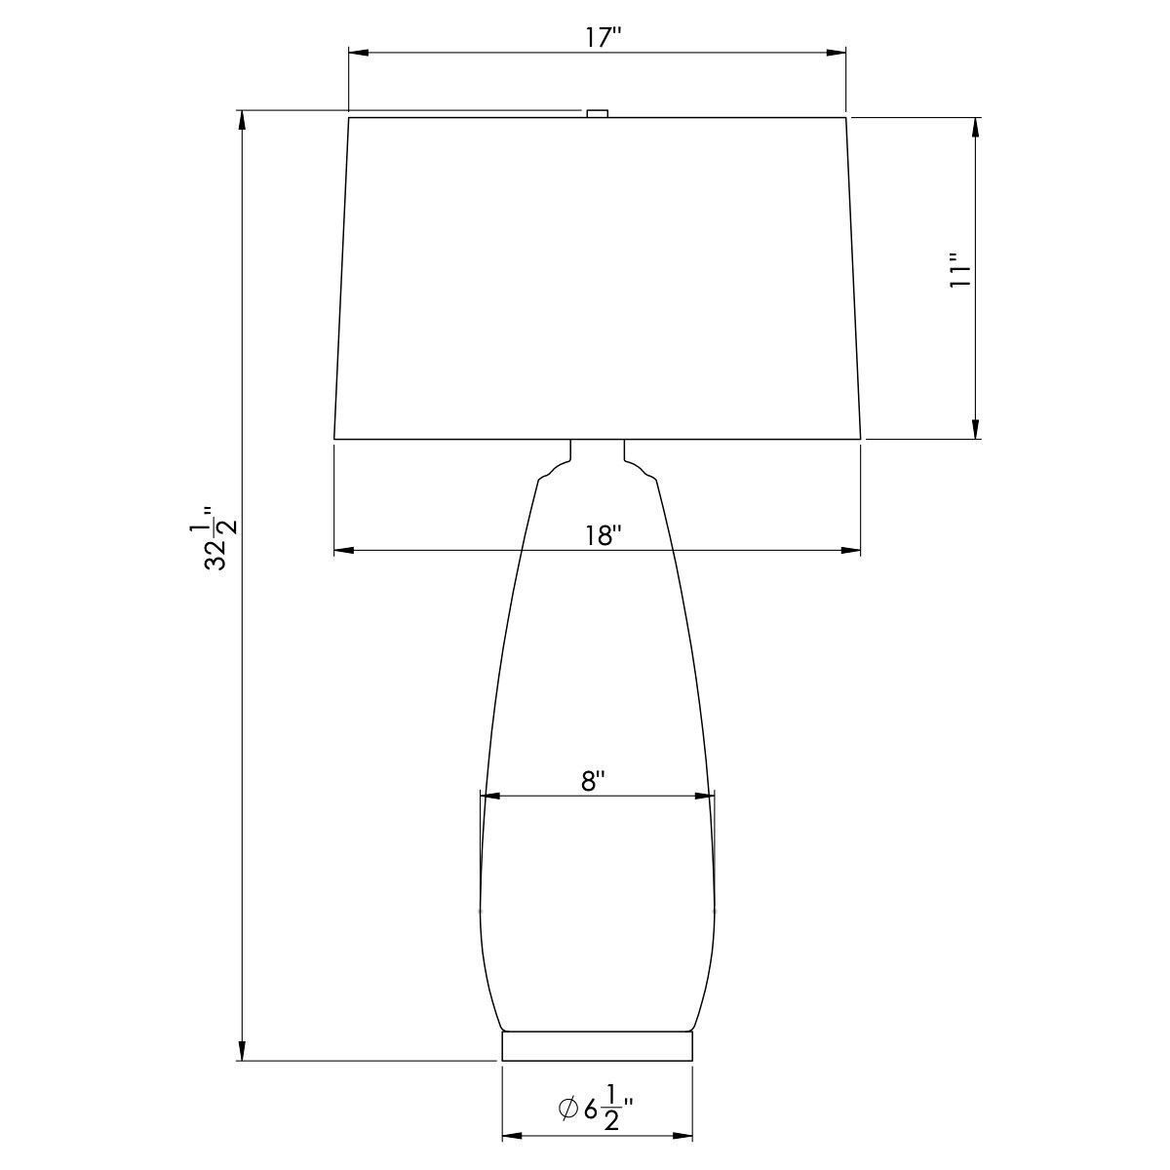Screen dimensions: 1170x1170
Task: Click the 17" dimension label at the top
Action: pos(604,38)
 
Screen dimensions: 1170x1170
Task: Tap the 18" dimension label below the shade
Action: pos(604,536)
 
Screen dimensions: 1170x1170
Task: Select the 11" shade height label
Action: pos(960,279)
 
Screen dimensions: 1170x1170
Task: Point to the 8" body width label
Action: pos(593,781)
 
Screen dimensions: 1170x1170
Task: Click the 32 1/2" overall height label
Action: pos(214,539)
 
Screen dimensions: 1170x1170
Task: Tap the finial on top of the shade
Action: pos(598,113)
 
